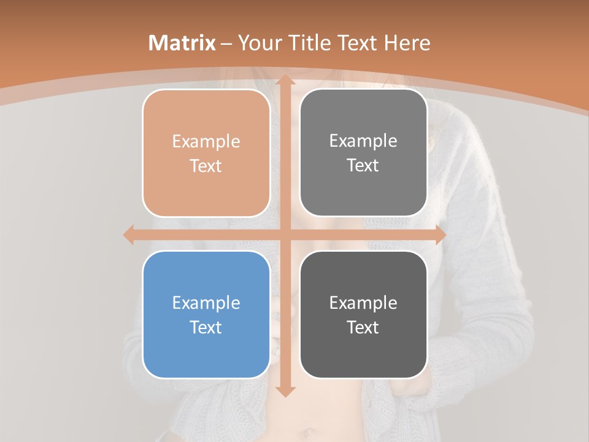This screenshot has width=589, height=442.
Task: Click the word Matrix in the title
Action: click(182, 43)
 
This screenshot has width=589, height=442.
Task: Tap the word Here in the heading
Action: click(407, 43)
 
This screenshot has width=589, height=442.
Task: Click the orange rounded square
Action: click(206, 153)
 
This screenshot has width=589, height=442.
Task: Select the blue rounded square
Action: click(206, 314)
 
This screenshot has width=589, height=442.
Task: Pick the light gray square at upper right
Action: click(363, 152)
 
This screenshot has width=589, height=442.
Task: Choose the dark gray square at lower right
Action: click(363, 314)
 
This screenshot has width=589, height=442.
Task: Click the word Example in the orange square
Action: click(206, 142)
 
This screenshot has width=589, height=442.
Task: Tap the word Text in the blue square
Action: click(206, 327)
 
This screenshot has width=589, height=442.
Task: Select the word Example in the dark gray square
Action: click(363, 303)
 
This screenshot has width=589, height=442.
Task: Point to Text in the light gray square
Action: click(363, 165)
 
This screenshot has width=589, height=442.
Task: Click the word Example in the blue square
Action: click(206, 303)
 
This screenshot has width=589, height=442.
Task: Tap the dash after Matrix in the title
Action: click(226, 44)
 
